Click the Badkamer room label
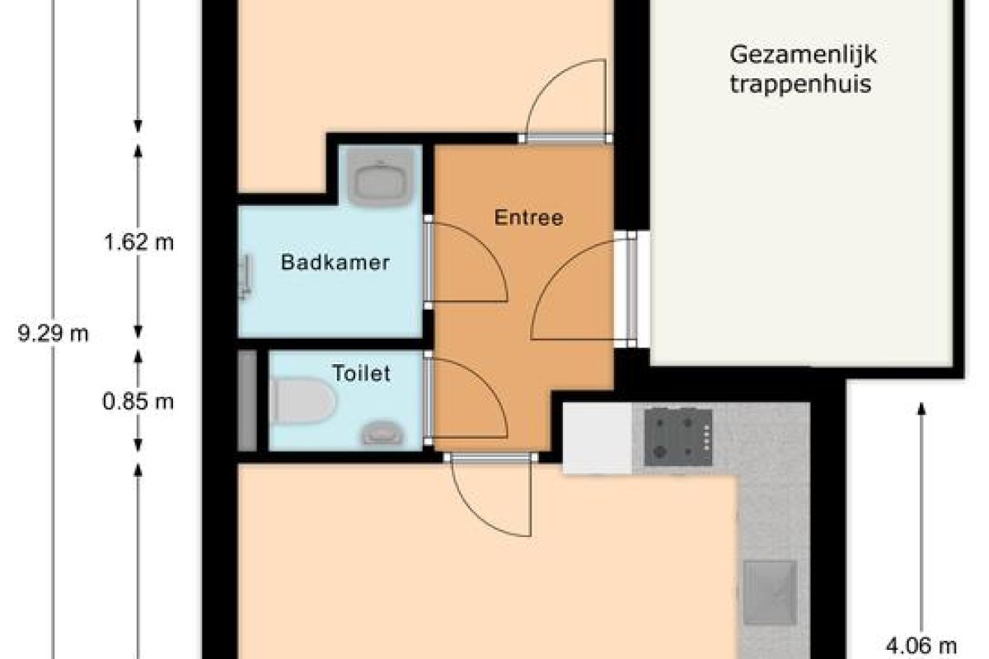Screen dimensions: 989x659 point(335,262)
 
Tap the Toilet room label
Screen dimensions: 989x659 point(361,373)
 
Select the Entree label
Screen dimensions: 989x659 point(528,217)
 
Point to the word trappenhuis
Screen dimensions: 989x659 point(800,84)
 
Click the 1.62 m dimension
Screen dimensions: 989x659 point(138,242)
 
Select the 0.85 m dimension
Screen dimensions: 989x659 point(138,402)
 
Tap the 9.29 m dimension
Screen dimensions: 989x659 point(53,334)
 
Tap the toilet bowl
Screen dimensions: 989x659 point(303,401)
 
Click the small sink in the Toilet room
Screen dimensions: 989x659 point(382,432)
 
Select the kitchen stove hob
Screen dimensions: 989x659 point(678,437)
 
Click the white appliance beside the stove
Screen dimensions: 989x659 point(598,439)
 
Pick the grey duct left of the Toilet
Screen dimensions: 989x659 point(247,401)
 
